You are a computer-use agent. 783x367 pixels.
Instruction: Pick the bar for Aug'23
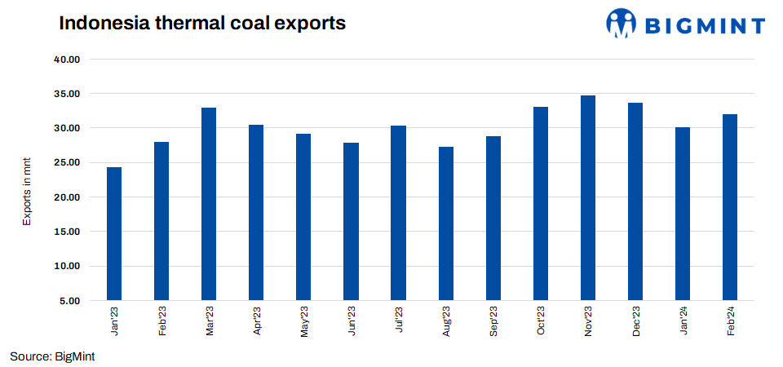click(x=445, y=223)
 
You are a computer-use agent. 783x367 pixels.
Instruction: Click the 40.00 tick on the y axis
click(x=68, y=60)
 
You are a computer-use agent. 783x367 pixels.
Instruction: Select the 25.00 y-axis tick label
click(x=68, y=162)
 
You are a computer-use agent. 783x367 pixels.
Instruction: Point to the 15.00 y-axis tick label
click(x=68, y=232)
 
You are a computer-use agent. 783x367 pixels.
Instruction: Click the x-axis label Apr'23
click(x=257, y=322)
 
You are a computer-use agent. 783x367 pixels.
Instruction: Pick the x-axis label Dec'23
click(x=635, y=322)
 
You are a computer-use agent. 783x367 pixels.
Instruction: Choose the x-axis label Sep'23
click(x=493, y=322)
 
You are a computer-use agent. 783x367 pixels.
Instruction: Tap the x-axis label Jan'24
click(x=683, y=322)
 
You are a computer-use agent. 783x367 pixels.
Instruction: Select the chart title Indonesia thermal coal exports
click(x=202, y=24)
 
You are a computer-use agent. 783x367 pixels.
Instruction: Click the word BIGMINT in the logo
click(x=706, y=25)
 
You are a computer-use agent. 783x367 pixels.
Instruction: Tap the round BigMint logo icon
click(x=622, y=24)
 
